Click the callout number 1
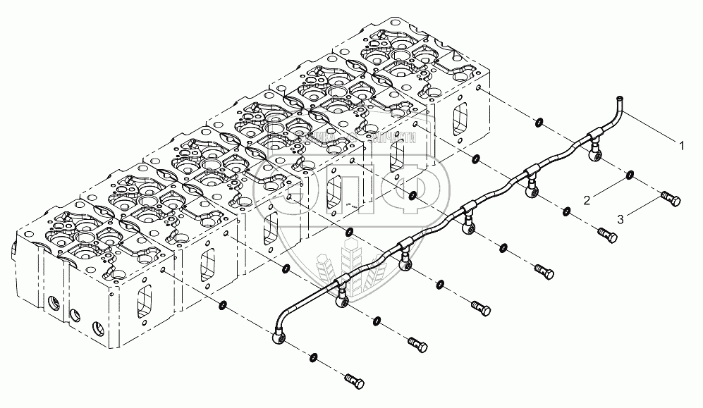[x=681, y=145]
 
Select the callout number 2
[x=586, y=202]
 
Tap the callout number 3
[x=620, y=220]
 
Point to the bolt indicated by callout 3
[x=671, y=200]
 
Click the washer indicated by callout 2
[x=629, y=174]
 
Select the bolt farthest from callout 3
[x=355, y=382]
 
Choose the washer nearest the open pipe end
[x=538, y=122]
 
